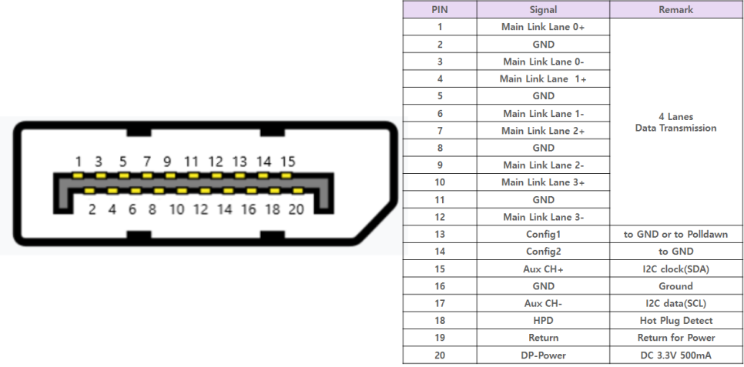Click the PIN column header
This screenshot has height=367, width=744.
[x=439, y=10]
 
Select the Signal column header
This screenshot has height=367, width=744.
[x=543, y=10]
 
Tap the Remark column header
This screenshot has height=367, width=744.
[x=675, y=10]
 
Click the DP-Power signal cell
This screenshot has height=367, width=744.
[x=543, y=355]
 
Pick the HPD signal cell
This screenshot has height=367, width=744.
[x=543, y=320]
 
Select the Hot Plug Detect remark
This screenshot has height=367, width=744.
[x=675, y=320]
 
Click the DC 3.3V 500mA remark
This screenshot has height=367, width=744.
[x=675, y=355]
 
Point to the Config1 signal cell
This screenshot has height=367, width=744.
[x=543, y=234]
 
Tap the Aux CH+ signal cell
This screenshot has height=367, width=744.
[x=543, y=269]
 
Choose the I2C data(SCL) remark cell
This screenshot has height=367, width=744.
[x=675, y=303]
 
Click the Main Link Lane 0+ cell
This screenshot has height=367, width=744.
[x=543, y=27]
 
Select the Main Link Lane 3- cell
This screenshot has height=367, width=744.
[x=543, y=217]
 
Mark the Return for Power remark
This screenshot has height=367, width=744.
[x=675, y=338]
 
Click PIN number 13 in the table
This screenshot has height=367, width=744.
[x=439, y=234]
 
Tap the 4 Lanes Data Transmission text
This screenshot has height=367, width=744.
[x=675, y=122]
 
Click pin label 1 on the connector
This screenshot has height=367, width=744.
[x=78, y=162]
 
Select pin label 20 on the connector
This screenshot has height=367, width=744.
[x=296, y=209]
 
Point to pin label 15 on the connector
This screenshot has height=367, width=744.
[x=287, y=162]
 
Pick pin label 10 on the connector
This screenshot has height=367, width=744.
[x=176, y=209]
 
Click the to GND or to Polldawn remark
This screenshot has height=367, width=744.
[x=675, y=234]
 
